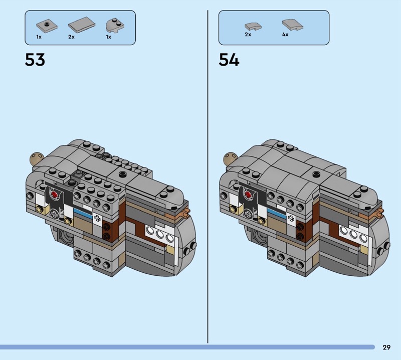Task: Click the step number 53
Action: pyautogui.click(x=35, y=60)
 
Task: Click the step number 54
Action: pyautogui.click(x=229, y=60)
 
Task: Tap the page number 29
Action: pyautogui.click(x=386, y=347)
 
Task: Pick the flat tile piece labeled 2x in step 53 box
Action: pyautogui.click(x=82, y=24)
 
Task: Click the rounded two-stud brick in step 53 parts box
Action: pyautogui.click(x=115, y=26)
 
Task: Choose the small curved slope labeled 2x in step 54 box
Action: pyautogui.click(x=253, y=27)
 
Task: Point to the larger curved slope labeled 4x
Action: pyautogui.click(x=293, y=25)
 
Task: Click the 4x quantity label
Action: pyautogui.click(x=285, y=34)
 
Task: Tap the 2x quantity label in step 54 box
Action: pyautogui.click(x=248, y=34)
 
